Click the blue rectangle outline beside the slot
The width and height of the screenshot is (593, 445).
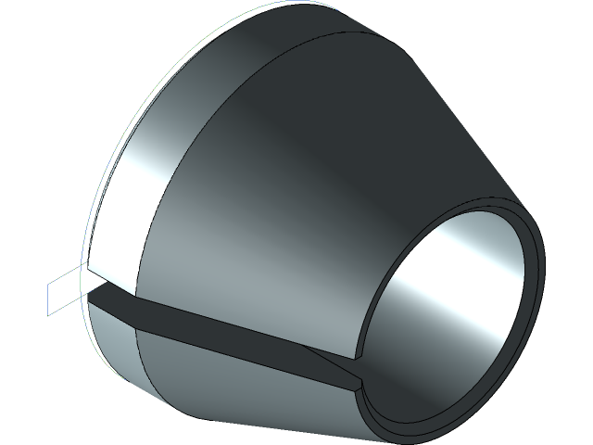pos(66,281)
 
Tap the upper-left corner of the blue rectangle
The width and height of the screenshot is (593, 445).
pos(47,283)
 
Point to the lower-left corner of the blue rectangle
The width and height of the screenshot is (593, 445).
pos(47,312)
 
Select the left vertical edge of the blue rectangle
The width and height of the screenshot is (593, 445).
pos(47,298)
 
